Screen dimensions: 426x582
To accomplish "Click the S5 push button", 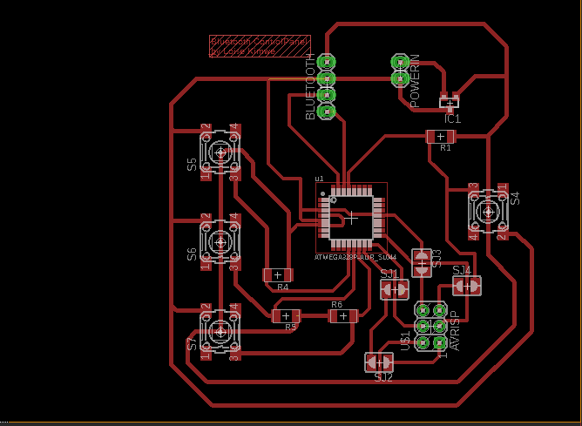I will tap(220, 152).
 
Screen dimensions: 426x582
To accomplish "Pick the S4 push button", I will tap(488, 210).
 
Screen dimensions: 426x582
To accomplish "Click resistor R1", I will tap(442, 137).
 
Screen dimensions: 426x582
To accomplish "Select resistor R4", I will tap(278, 275).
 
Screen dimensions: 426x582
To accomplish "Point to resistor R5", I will tap(287, 315).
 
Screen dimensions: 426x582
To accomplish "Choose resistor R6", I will tap(342, 315).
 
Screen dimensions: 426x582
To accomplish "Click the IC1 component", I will tap(450, 103).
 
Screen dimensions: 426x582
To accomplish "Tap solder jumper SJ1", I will tap(395, 289).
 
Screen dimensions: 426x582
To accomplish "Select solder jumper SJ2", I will tap(379, 361).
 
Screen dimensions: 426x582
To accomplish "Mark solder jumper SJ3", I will tap(422, 261).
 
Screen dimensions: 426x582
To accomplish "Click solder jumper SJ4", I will tap(466, 285).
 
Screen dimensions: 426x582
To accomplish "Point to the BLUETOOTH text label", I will tap(311, 87).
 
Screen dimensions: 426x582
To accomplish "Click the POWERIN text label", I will tap(415, 81).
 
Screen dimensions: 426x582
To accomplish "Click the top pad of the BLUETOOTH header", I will tap(327, 62).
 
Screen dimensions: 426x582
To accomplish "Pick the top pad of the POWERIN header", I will tap(401, 62).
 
